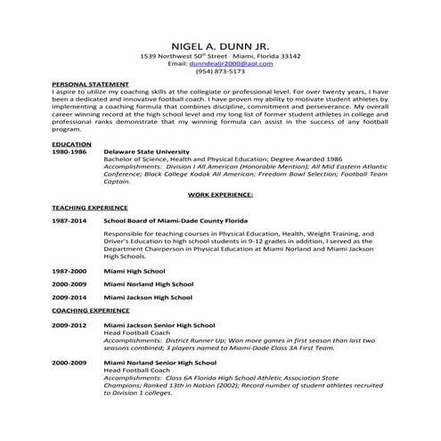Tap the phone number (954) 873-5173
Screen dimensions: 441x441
220,71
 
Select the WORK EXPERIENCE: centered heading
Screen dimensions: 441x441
220,193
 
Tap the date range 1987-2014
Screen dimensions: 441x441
69,219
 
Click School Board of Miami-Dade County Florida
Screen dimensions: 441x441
176,219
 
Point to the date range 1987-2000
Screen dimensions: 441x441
69,270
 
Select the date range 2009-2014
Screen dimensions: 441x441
69,297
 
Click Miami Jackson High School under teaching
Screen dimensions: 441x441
148,297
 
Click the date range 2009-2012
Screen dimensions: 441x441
69,325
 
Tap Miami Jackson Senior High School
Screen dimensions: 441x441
159,325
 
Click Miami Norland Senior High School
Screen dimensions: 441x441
159,363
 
